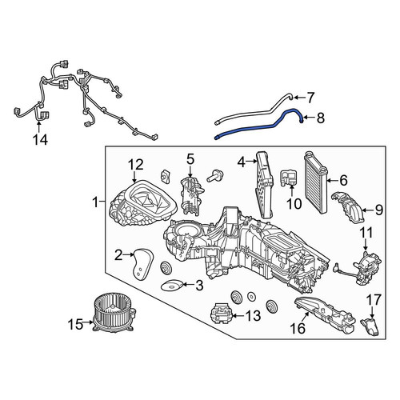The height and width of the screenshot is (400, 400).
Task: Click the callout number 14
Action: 40,139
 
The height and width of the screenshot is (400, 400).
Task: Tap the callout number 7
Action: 310,98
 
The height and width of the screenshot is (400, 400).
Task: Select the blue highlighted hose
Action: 258,125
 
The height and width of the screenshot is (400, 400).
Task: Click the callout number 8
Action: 320,118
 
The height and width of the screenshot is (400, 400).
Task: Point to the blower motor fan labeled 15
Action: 114,315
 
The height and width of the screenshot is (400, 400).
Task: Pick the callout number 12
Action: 136,165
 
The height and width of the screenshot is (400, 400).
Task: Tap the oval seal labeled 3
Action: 172,286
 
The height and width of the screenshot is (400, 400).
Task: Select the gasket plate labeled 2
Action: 143,264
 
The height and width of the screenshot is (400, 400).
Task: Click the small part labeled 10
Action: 290,178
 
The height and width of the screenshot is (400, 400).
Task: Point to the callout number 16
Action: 298,329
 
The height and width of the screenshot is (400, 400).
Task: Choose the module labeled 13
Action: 221,314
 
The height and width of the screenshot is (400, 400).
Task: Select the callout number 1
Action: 95,202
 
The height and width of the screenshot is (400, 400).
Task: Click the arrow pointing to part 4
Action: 251,161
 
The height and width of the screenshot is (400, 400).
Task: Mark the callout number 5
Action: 190,159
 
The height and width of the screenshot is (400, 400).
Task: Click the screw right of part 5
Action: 214,176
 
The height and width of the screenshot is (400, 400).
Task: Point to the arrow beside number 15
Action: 87,322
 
